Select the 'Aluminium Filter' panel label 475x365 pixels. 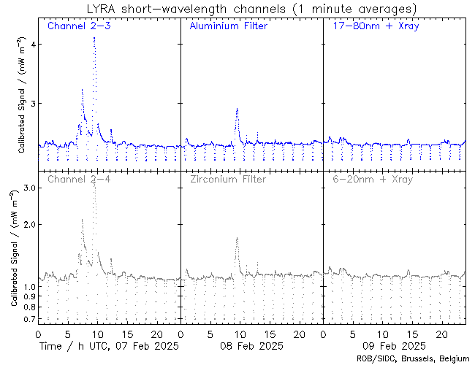[228, 27]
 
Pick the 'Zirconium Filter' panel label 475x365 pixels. [228, 179]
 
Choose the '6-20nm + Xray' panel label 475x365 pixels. [372, 179]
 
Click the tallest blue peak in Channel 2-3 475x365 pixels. [94, 38]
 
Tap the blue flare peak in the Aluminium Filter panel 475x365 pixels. [237, 109]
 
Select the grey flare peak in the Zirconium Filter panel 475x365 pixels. [237, 238]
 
